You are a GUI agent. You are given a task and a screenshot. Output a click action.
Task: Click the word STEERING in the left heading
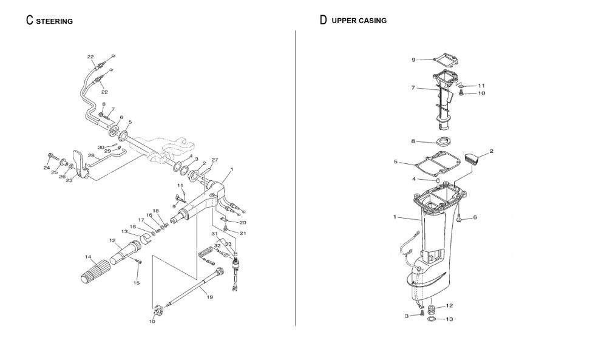[x=55, y=21]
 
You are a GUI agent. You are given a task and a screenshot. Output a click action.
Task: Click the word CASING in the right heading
[x=373, y=21]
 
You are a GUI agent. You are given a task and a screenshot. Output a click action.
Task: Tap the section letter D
[x=323, y=20]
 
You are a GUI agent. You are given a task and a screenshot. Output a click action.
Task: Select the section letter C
[x=29, y=20]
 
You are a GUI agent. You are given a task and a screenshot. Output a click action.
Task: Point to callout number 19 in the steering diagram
[x=210, y=297]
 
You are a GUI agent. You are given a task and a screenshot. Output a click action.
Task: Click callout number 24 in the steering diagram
[x=46, y=167]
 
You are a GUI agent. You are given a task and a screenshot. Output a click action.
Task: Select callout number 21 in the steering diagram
[x=243, y=233]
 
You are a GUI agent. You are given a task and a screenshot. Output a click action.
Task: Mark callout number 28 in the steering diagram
[x=92, y=155]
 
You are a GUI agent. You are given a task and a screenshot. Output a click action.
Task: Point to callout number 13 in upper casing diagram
[x=449, y=319]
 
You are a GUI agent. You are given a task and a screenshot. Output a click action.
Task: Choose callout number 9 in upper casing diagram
[x=413, y=59]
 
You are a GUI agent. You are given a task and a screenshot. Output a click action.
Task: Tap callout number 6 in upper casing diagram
[x=475, y=217]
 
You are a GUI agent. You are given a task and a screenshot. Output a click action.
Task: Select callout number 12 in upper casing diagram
[x=449, y=305]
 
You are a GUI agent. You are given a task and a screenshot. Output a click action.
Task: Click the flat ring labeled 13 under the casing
[x=432, y=318]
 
